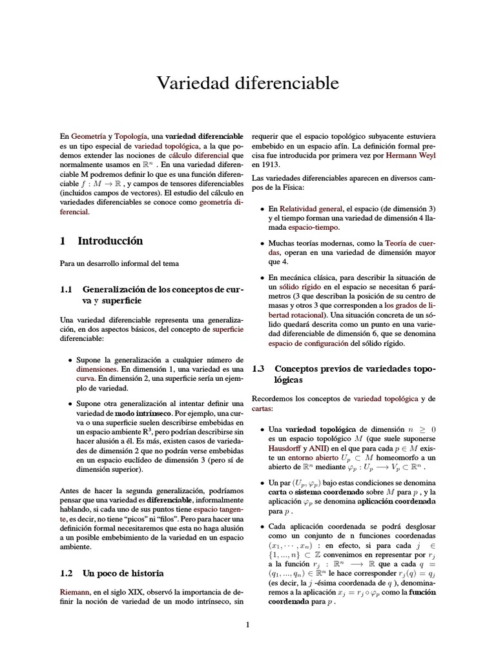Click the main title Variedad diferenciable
pos(248,83)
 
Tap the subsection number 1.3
pos(258,369)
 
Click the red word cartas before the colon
pos(261,409)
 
